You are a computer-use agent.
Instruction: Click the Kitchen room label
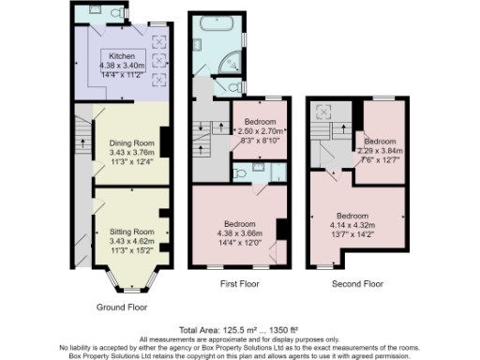(x=121, y=55)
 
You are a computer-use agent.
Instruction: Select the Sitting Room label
(x=130, y=231)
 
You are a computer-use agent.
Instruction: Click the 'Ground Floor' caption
(x=123, y=307)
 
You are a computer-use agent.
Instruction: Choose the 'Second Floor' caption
(x=358, y=283)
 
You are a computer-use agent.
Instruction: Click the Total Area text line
(x=240, y=330)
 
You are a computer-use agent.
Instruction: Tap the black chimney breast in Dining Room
(x=165, y=142)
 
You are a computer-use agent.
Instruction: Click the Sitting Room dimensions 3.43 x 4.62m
(x=130, y=240)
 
